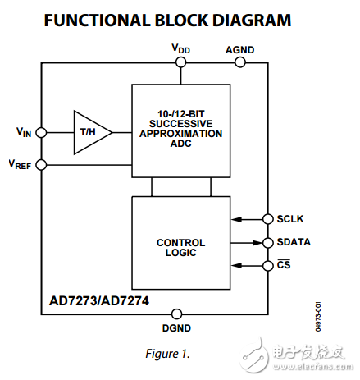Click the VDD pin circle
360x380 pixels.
[182, 62]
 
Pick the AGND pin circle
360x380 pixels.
[240, 62]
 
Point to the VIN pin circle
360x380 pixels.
[41, 131]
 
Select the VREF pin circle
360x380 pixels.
[41, 165]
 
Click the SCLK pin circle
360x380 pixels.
[267, 218]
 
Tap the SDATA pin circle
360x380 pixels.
[267, 242]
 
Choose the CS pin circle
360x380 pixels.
[267, 265]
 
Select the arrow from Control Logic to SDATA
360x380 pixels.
[247, 242]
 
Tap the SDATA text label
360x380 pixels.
[293, 242]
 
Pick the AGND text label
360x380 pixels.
[240, 49]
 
